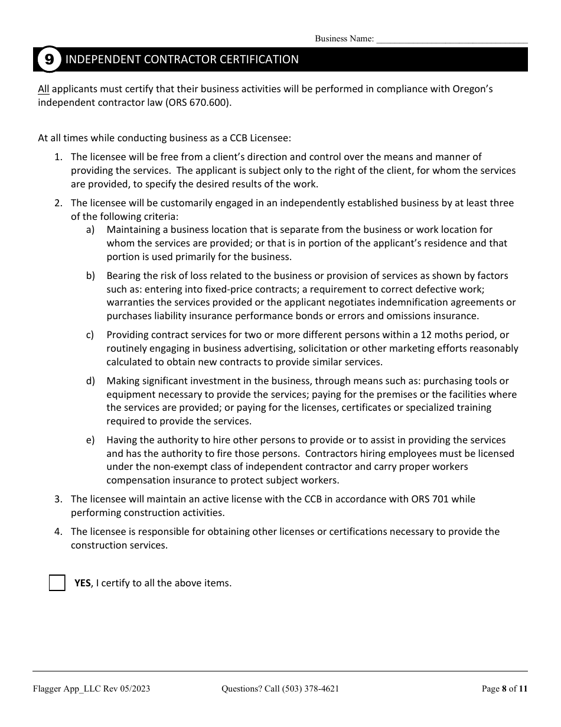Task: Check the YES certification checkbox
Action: (57, 583)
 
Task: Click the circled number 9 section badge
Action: (49, 60)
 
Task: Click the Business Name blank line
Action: (452, 39)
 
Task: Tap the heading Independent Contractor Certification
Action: (182, 60)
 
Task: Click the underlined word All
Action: (44, 89)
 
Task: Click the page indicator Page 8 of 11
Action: (504, 689)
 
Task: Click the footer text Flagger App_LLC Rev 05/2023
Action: (91, 689)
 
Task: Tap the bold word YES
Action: (83, 583)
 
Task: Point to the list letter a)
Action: (90, 230)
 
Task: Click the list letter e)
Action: (90, 440)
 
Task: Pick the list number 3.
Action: (58, 499)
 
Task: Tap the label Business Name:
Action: (344, 39)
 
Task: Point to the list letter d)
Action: (90, 381)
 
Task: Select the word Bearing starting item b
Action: (125, 276)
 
